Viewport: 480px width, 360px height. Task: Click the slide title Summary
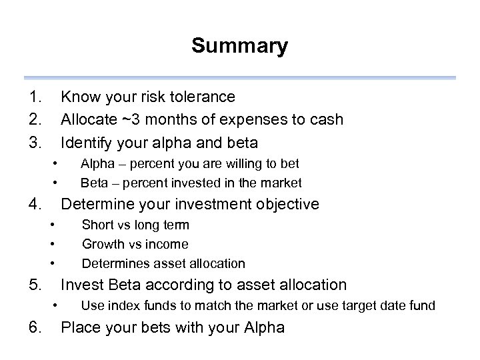[239, 46]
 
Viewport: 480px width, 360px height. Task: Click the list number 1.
[35, 97]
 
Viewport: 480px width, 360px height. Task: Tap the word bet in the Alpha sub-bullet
[289, 163]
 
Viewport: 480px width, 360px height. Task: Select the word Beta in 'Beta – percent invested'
[93, 183]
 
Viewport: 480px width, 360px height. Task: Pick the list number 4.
[35, 204]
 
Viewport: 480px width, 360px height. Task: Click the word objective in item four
[287, 204]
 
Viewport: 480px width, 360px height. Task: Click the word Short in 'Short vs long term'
[97, 225]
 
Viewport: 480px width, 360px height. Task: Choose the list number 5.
[35, 285]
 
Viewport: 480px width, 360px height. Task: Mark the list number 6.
[35, 328]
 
